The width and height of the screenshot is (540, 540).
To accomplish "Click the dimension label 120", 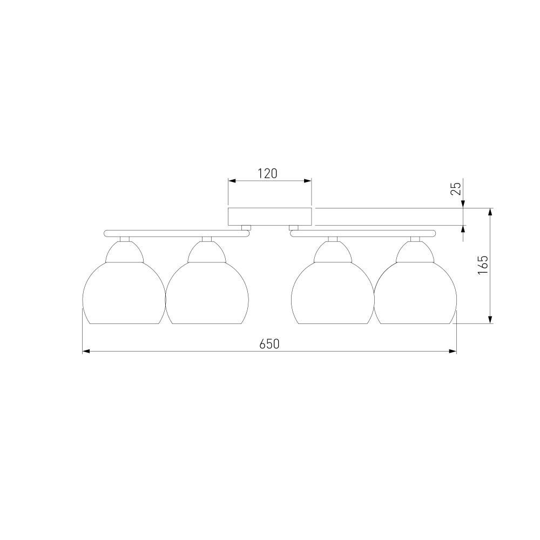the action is pos(268,173).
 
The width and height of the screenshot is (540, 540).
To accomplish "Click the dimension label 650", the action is pos(269,343).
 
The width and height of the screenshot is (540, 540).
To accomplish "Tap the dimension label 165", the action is pos(483,265).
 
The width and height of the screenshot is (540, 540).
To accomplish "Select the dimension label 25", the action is pos(455,188).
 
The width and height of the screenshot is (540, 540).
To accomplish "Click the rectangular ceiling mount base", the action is pos(270,217).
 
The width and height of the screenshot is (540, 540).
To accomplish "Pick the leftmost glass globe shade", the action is pos(124,293).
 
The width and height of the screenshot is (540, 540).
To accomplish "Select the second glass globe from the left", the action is pos(207,293).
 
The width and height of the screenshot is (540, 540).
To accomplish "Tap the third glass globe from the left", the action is pos(333,293).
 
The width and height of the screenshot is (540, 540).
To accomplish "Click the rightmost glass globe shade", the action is pos(415,293).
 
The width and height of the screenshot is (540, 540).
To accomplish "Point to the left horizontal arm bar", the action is pos(177,233).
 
